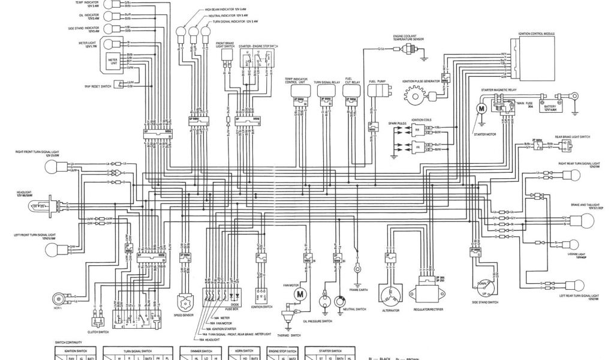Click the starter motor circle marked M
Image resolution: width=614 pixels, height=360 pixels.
point(480,108)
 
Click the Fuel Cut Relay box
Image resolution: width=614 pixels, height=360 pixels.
point(351,90)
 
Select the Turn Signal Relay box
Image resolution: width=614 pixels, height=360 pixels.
point(326,90)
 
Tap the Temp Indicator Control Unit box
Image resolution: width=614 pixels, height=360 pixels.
point(300,90)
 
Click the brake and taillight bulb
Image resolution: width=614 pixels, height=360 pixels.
point(573,221)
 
